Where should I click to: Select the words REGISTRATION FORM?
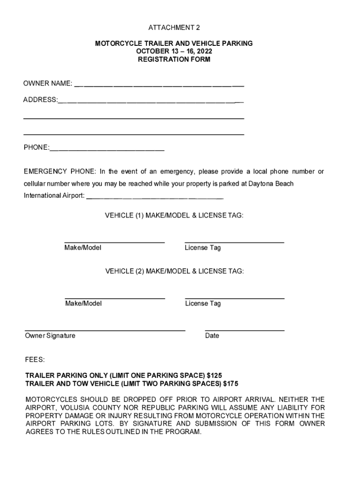(174, 60)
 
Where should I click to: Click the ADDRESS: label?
(41, 100)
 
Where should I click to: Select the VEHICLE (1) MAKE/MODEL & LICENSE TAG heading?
(174, 216)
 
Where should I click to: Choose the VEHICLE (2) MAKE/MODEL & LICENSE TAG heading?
(174, 271)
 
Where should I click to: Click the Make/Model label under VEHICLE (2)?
(83, 304)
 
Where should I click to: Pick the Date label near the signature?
(212, 336)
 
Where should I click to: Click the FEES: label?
(35, 360)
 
